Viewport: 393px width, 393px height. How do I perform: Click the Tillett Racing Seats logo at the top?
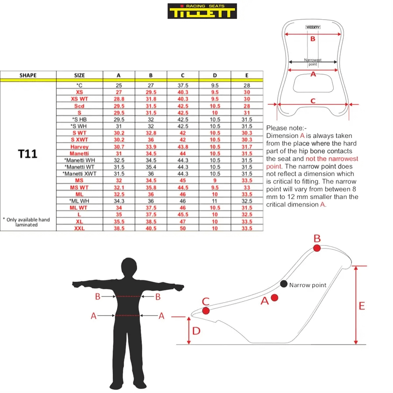[x=202, y=11]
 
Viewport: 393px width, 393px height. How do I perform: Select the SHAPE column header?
[x=28, y=75]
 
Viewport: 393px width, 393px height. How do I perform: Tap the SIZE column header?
[x=79, y=75]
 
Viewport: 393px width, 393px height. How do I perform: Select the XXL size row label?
[x=79, y=228]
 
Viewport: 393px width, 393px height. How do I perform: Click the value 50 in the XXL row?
[x=183, y=228]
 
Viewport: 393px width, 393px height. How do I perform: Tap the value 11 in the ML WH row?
[x=215, y=201]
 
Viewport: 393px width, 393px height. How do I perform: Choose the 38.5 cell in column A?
[x=119, y=228]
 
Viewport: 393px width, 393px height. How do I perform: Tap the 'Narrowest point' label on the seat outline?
[x=313, y=62]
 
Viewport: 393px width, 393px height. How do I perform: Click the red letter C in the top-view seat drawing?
[x=313, y=101]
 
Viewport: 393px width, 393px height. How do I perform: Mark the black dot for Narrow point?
[x=283, y=284]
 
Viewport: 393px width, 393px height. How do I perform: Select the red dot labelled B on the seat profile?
[x=317, y=248]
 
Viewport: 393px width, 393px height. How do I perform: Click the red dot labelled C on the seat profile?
[x=206, y=310]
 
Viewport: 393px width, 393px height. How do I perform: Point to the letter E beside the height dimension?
[x=362, y=306]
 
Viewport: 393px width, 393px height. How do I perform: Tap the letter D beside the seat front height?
[x=196, y=331]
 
